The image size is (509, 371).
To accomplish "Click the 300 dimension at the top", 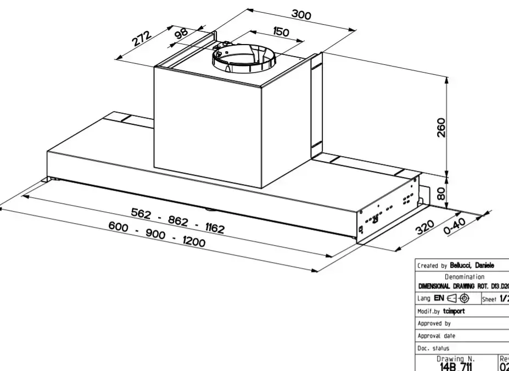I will click(x=301, y=15).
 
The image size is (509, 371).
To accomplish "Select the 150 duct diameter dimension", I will click(x=281, y=32).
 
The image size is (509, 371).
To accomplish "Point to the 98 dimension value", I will click(x=181, y=33).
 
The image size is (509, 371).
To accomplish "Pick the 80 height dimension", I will click(x=441, y=193).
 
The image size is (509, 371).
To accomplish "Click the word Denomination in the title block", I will click(x=464, y=277).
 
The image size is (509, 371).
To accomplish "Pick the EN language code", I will click(x=439, y=298).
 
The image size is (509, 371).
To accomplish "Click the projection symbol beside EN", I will click(x=458, y=298).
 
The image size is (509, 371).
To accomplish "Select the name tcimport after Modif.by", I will click(x=454, y=311).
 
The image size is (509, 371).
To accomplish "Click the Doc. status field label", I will click(x=433, y=348).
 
